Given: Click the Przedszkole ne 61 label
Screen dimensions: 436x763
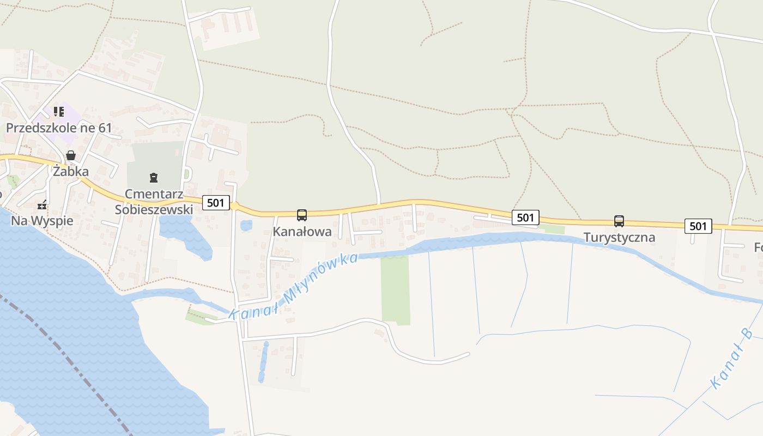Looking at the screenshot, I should (x=59, y=129).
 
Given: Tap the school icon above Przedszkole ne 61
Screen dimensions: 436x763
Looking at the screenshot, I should (x=59, y=112).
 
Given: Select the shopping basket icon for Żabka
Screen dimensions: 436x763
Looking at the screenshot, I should (x=70, y=156).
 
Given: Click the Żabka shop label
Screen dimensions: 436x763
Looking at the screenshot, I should (x=70, y=172).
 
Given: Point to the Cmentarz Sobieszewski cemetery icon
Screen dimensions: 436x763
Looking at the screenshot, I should (x=154, y=177).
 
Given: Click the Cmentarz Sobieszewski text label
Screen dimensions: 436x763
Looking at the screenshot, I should (x=154, y=202).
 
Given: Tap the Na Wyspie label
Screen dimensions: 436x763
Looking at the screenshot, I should (x=42, y=221).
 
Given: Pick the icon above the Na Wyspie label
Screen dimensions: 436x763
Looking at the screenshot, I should (x=42, y=206).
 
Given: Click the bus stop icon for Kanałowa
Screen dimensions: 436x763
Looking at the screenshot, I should (x=302, y=215).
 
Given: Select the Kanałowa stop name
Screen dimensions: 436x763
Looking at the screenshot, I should (x=302, y=232).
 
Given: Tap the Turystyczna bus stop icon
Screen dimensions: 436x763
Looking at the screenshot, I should (x=619, y=221).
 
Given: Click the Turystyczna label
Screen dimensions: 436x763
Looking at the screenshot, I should (x=619, y=238).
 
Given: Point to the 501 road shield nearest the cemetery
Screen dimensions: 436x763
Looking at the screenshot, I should (x=216, y=203).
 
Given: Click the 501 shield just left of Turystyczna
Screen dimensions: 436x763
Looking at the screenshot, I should (x=525, y=218).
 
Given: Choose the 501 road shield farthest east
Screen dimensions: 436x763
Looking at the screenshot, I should (x=698, y=226).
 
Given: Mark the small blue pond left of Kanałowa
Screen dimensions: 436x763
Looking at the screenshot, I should (x=246, y=225).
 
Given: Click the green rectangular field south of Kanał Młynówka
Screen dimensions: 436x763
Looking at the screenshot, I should (x=395, y=289).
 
